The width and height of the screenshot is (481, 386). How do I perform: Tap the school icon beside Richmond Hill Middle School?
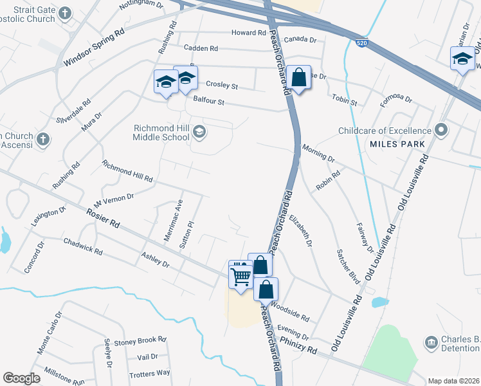pos(199,132)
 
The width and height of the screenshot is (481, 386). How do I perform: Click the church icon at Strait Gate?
pos(65,13)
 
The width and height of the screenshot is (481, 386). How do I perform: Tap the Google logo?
pos(21,378)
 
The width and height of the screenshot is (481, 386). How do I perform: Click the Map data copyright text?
pos(453,381)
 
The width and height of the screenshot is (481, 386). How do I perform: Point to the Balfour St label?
pos(208,101)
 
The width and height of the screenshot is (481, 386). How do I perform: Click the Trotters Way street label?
pos(149,372)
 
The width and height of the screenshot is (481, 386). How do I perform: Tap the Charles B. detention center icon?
pos(431,342)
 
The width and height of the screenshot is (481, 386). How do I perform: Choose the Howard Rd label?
pos(249,33)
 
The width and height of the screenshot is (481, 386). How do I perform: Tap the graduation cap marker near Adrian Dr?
pos(462,60)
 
